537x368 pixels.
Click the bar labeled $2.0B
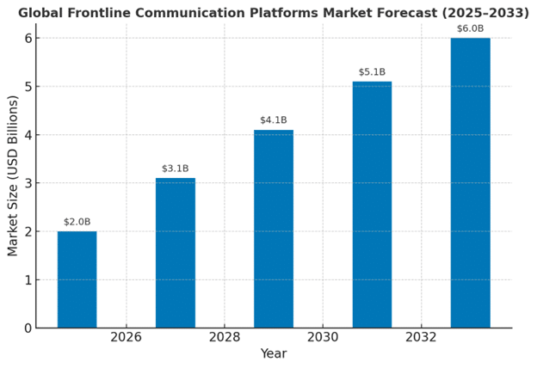pos(77,279)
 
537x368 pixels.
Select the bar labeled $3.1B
pos(175,253)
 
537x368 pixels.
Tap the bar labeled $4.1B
pos(273,229)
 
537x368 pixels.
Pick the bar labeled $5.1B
pos(372,205)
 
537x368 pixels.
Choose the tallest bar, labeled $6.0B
pos(470,182)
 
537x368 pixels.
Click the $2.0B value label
pos(77,222)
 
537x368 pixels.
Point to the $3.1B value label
pos(175,169)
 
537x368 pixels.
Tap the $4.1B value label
pos(273,120)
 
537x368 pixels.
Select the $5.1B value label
pos(372,72)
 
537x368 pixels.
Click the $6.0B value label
pos(470,28)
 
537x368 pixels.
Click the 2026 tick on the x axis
pos(126,337)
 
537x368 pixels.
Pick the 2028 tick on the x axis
pos(225,337)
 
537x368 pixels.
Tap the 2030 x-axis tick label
pos(323,337)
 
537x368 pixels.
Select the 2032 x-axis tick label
pos(421,337)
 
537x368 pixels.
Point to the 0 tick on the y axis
pos(28,328)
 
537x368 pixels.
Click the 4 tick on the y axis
pos(28,135)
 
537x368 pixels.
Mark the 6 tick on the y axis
pos(28,38)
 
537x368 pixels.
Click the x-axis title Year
pos(274,354)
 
